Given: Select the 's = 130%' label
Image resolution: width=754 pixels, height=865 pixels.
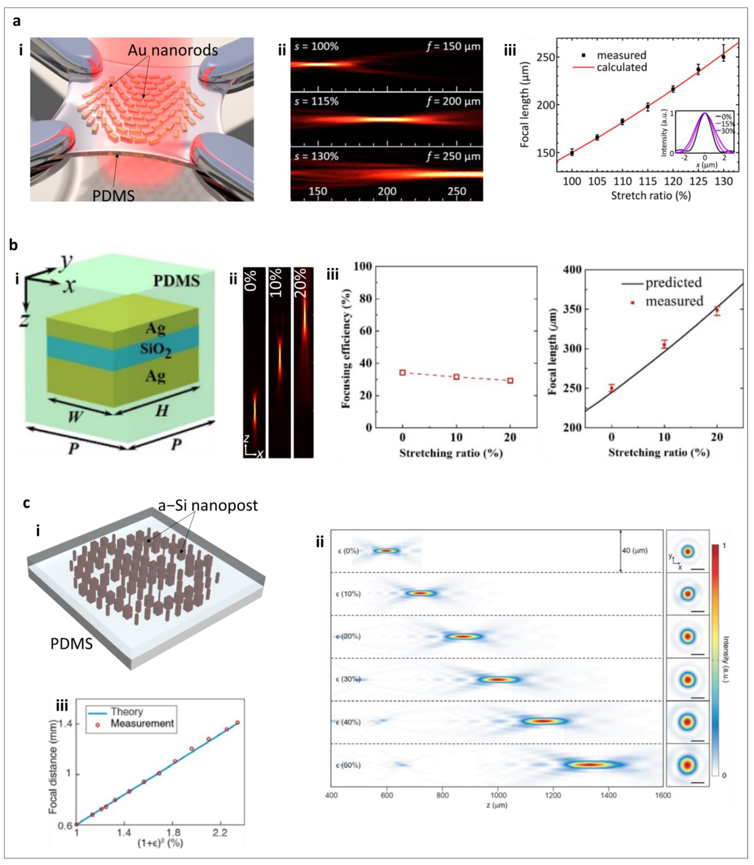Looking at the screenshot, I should (316, 156).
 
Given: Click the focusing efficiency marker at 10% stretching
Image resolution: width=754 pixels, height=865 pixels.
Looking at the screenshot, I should (456, 377).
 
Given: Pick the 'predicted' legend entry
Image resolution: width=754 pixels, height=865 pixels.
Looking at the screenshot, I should (673, 282).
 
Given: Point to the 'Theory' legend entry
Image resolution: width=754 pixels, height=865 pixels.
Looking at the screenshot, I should (127, 711).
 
